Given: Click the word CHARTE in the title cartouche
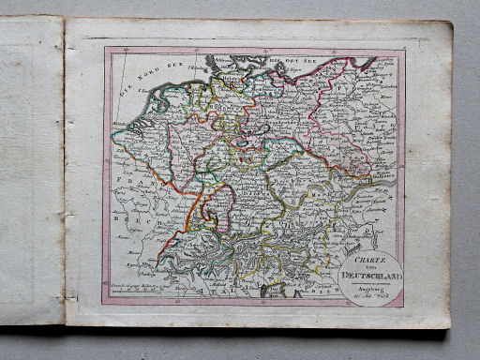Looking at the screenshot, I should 369,250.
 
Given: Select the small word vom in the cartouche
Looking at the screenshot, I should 369,261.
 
